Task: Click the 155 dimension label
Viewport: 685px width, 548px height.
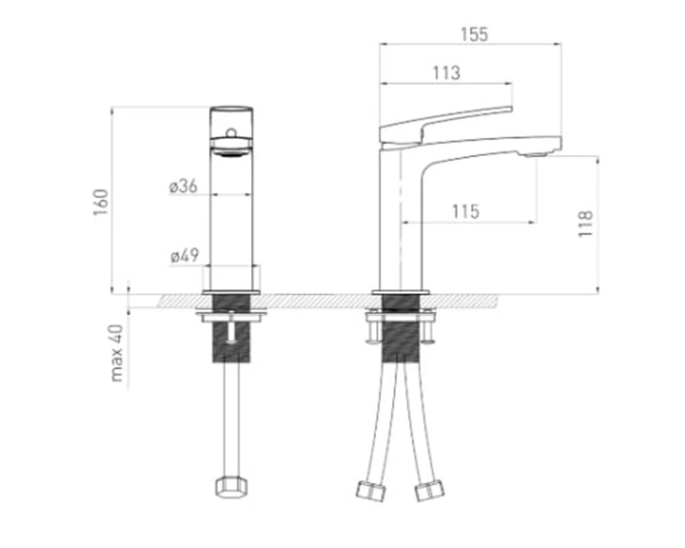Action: (x=475, y=34)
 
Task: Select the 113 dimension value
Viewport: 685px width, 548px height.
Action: (x=447, y=73)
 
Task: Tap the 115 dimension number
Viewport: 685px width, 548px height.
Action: (x=466, y=212)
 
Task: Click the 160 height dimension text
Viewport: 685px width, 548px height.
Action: (x=101, y=202)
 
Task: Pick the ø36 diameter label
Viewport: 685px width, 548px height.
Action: (x=184, y=186)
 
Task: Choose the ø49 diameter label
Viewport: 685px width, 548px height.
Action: (x=185, y=256)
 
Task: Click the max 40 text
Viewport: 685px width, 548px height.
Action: (x=117, y=353)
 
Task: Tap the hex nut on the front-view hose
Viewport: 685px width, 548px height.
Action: (x=232, y=486)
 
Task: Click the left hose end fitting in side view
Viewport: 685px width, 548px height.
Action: (x=371, y=490)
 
